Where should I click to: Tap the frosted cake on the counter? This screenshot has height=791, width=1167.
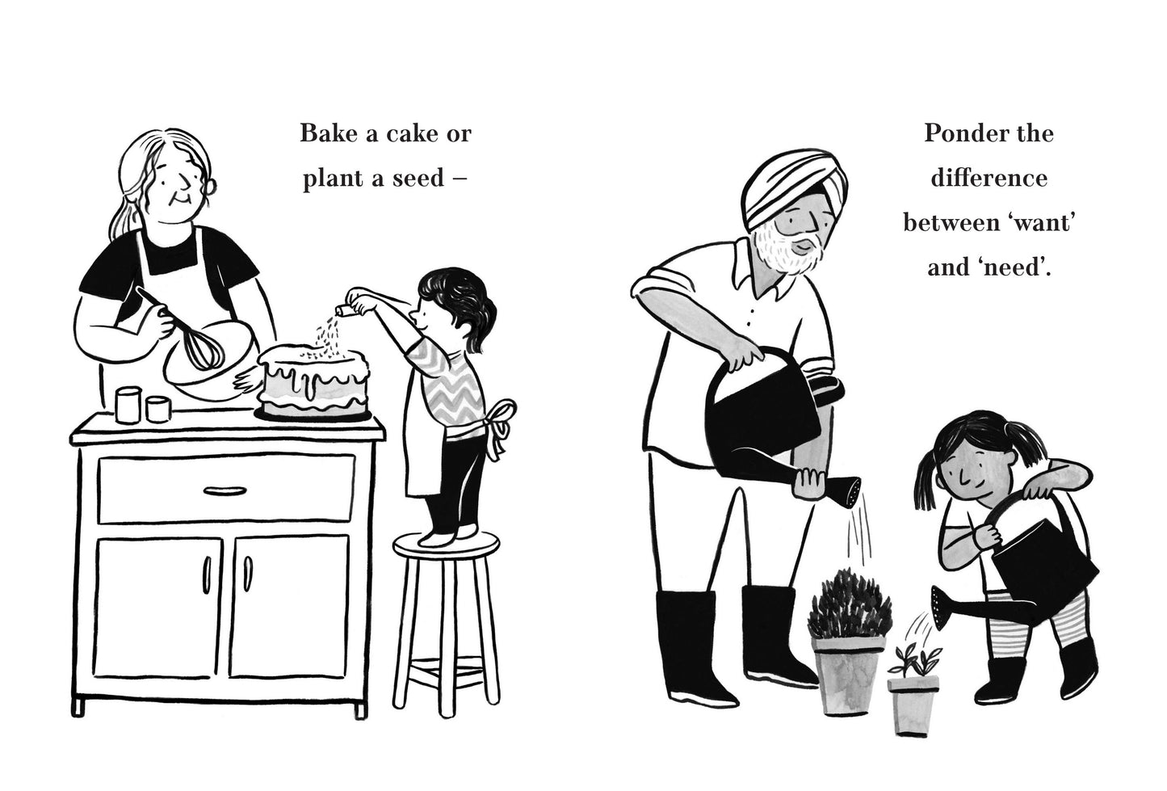pyautogui.click(x=314, y=382)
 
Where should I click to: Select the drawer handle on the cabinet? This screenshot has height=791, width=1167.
pyautogui.click(x=225, y=490)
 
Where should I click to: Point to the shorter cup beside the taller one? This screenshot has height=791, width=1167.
pyautogui.click(x=157, y=409)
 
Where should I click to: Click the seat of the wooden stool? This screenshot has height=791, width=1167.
pyautogui.click(x=446, y=546)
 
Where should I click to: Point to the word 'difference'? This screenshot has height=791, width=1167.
pyautogui.click(x=989, y=179)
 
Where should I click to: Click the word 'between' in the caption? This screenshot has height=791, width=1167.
pyautogui.click(x=942, y=224)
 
